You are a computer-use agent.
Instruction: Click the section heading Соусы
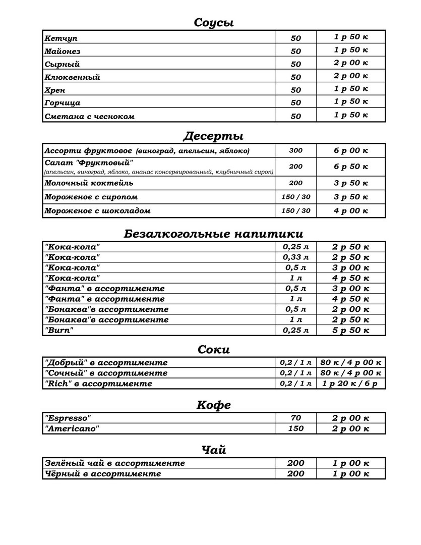tap(214, 23)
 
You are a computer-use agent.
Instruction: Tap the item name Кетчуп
tap(61, 38)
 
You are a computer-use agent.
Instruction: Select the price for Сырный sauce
tap(351, 63)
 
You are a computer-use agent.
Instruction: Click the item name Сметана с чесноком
tap(90, 116)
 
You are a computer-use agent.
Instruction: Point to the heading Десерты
tap(213, 136)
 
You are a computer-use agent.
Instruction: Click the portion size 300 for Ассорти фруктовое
tap(296, 150)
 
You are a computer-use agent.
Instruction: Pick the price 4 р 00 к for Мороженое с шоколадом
tap(351, 210)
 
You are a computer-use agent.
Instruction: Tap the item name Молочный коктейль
tap(89, 183)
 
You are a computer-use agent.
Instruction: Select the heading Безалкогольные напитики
tap(213, 234)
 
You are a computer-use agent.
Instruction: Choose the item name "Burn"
tap(59, 331)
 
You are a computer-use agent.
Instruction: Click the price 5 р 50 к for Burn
tap(351, 331)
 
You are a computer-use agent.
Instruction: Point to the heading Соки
tap(213, 349)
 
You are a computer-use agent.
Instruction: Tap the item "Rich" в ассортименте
tap(98, 384)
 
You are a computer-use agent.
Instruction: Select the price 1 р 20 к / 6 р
tap(351, 384)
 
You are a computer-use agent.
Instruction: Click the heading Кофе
tap(213, 405)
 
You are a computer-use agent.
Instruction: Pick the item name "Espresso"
tap(68, 418)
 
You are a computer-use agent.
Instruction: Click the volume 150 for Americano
tap(296, 428)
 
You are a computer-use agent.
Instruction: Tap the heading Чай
tap(213, 450)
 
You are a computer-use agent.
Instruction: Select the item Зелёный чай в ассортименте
tap(115, 463)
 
